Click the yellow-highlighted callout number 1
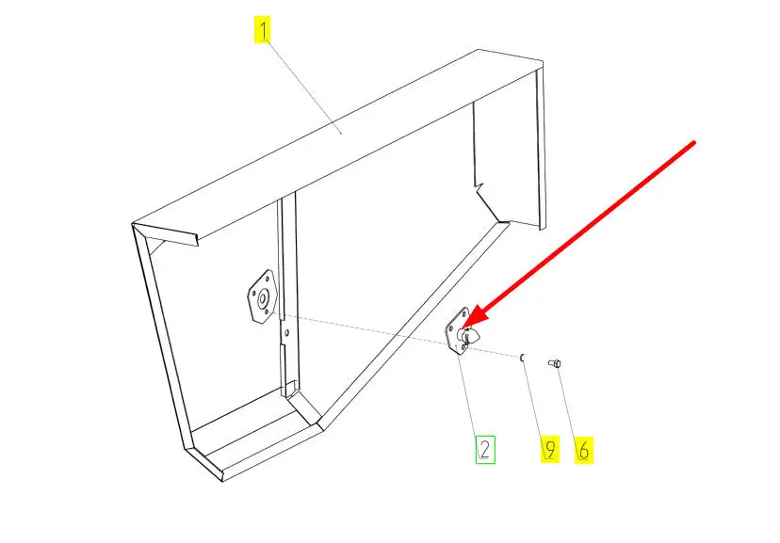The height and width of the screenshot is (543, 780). pos(262,29)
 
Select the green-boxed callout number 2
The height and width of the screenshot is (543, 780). pos(485,450)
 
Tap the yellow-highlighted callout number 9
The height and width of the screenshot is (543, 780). pos(550,449)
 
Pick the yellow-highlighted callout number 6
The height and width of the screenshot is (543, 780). pos(583,450)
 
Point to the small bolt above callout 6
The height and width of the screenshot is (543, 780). pos(555,363)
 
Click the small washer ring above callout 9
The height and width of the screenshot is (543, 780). pos(522,358)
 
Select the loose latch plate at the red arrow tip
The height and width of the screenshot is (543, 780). pos(462,332)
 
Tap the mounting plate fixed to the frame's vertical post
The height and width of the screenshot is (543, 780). pos(261,297)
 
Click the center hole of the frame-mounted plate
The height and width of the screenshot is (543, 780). pos(262,298)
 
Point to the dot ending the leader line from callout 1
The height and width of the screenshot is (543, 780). pos(341,133)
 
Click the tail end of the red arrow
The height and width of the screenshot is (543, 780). pos(694,143)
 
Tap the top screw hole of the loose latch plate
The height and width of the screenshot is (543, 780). pos(464,314)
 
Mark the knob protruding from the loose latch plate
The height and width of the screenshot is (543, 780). pos(469,336)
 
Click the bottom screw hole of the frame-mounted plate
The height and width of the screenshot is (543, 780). pos(267,311)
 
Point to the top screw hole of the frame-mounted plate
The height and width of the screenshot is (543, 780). pos(269,279)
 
